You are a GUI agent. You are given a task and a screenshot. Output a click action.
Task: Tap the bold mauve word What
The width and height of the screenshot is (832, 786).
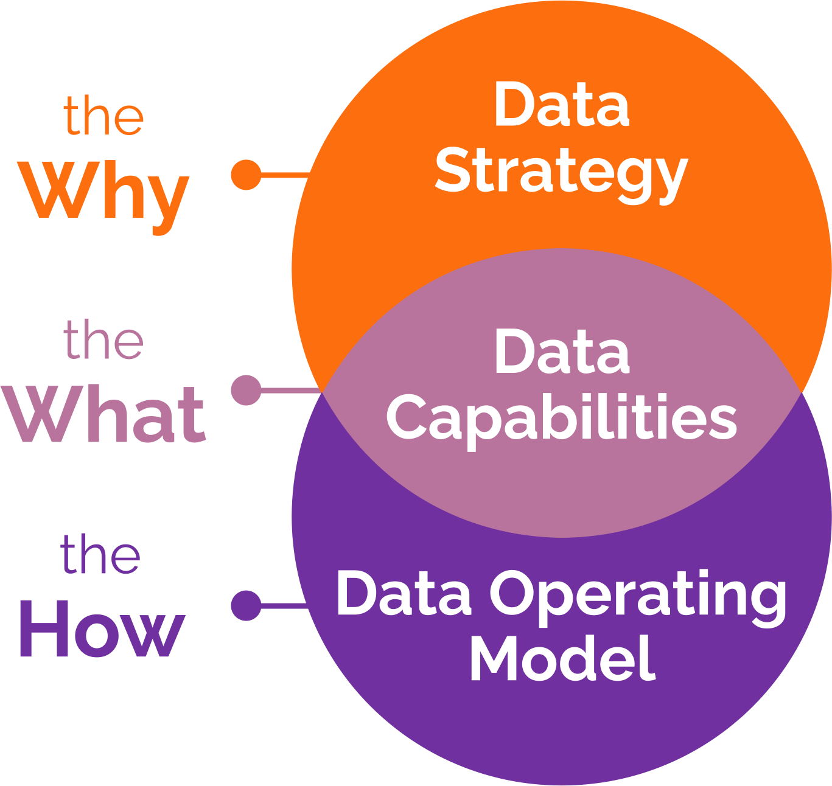pyautogui.click(x=105, y=415)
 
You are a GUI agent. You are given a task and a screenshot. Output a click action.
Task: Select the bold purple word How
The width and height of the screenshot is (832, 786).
pyautogui.click(x=102, y=629)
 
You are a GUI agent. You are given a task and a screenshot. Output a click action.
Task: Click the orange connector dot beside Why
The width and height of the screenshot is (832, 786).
pyautogui.click(x=246, y=175)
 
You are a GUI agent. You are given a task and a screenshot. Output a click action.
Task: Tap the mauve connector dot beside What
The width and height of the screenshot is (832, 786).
pyautogui.click(x=246, y=390)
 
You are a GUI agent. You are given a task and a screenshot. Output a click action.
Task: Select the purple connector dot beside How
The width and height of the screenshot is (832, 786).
pyautogui.click(x=246, y=605)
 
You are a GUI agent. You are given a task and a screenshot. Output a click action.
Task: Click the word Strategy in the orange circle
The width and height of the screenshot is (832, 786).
pyautogui.click(x=561, y=173)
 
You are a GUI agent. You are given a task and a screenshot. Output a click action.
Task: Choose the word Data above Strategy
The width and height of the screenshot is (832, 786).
pyautogui.click(x=561, y=106)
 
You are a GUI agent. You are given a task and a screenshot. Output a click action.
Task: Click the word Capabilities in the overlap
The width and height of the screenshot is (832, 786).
pyautogui.click(x=561, y=419)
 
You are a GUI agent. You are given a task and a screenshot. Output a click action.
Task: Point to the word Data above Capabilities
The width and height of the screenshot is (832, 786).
pyautogui.click(x=561, y=352)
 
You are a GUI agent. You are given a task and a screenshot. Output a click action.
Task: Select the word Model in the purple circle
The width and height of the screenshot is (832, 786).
pyautogui.click(x=562, y=659)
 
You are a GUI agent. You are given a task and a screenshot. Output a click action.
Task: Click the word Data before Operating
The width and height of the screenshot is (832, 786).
pyautogui.click(x=404, y=593)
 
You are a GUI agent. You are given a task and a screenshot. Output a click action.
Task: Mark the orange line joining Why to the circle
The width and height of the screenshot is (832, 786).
pyautogui.click(x=285, y=175)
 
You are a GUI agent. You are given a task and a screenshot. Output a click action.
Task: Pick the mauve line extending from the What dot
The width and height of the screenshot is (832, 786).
pyautogui.click(x=290, y=390)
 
